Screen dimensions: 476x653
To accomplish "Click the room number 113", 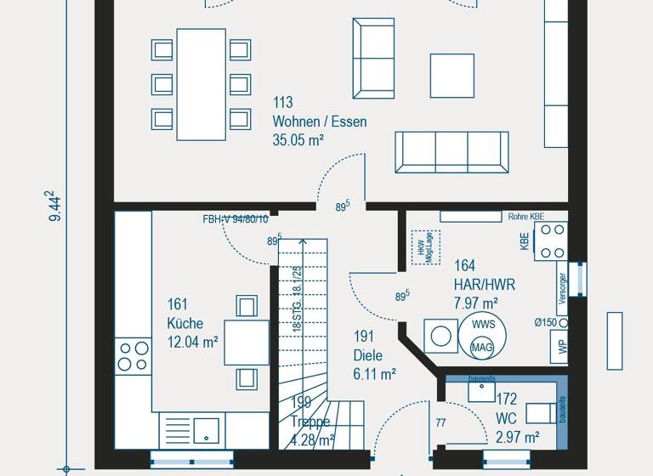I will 283,104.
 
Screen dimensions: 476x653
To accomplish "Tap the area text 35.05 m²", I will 298,140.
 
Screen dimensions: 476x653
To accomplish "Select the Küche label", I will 185,323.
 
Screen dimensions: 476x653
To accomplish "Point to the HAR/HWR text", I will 485,284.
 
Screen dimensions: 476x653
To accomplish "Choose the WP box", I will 562,346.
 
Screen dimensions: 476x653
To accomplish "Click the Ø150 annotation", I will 546,321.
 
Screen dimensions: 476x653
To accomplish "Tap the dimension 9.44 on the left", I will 56,207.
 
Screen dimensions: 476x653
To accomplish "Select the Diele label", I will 368,355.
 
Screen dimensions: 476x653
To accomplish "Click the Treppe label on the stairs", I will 310,422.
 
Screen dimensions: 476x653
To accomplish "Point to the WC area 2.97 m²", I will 518,437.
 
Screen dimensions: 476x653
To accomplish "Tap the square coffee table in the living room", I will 451,76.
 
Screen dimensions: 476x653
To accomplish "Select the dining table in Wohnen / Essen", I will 202,84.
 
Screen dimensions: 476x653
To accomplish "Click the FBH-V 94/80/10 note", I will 235,218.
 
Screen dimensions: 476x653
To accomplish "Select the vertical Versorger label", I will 562,289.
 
